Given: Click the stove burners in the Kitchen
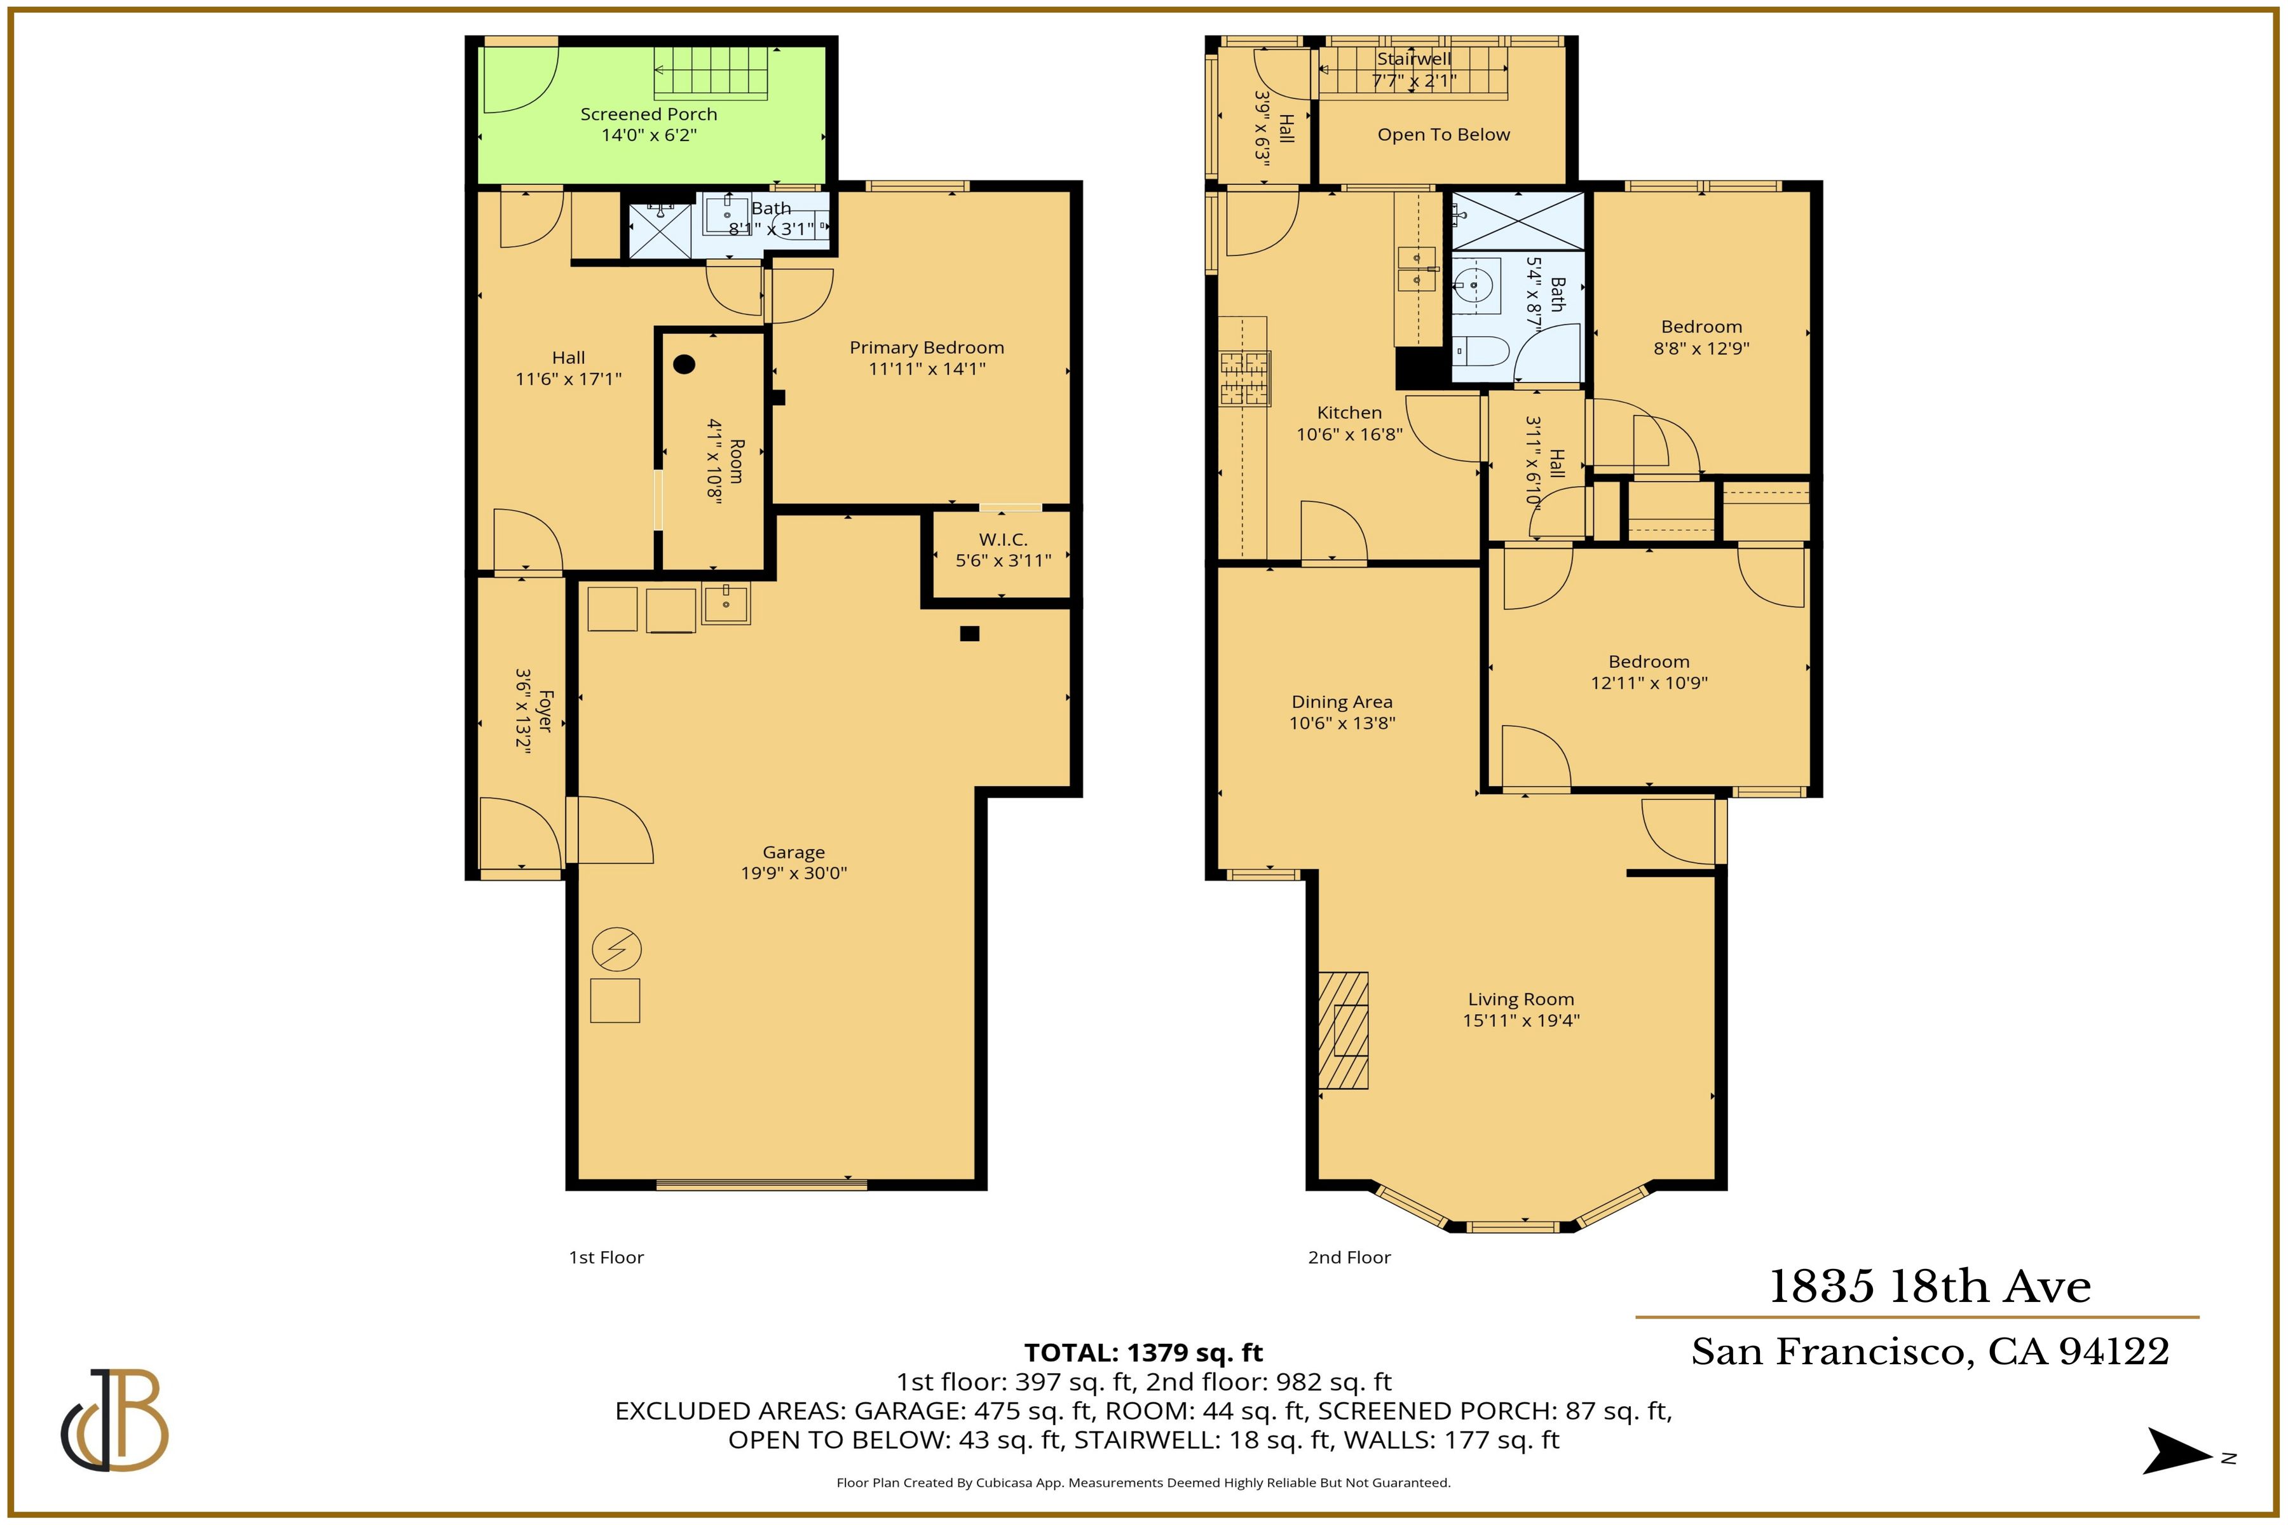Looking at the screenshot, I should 1245,378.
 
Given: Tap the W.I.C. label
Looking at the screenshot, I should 1002,539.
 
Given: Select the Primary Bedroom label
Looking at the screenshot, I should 926,347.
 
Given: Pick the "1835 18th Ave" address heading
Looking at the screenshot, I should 1929,1287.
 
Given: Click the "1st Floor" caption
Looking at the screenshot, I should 606,1257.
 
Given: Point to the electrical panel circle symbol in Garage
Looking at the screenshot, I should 616,949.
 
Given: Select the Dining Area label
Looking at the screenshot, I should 1342,701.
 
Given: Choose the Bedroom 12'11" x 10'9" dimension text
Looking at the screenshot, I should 1648,682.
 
